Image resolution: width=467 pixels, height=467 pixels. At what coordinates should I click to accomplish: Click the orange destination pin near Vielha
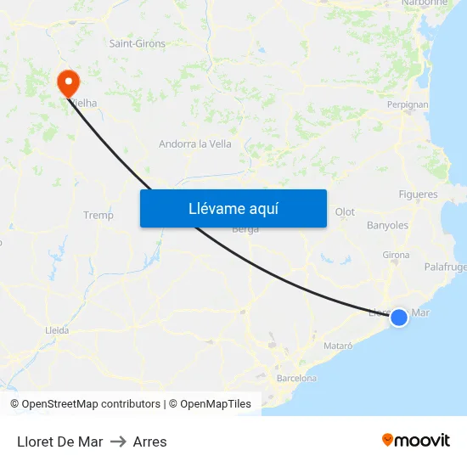(67, 82)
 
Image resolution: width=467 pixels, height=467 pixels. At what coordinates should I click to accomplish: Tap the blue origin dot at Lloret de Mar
(398, 317)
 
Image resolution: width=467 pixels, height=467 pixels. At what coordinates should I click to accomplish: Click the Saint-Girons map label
(138, 43)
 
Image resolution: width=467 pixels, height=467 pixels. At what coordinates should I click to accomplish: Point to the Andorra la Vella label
(195, 143)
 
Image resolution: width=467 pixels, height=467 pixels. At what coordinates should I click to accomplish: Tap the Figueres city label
(418, 194)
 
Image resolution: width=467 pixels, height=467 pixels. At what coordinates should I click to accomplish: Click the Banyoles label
(387, 226)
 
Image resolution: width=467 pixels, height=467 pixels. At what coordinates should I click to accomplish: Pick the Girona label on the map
(396, 255)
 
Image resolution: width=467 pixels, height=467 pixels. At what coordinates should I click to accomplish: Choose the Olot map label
(345, 212)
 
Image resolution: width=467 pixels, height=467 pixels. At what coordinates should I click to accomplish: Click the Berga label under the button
(245, 229)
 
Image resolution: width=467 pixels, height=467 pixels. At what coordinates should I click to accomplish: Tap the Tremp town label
(98, 215)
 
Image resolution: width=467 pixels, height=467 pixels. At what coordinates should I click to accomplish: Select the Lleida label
(57, 330)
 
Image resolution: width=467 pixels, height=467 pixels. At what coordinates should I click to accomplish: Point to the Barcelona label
(296, 378)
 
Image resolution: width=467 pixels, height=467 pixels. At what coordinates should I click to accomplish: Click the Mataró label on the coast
(338, 346)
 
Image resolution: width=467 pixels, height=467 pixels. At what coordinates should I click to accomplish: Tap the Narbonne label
(425, 3)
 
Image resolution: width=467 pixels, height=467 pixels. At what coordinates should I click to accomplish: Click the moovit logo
(416, 440)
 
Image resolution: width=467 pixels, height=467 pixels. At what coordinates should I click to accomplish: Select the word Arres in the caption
(149, 442)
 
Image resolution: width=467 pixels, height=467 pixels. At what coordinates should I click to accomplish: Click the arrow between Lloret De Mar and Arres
(118, 442)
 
